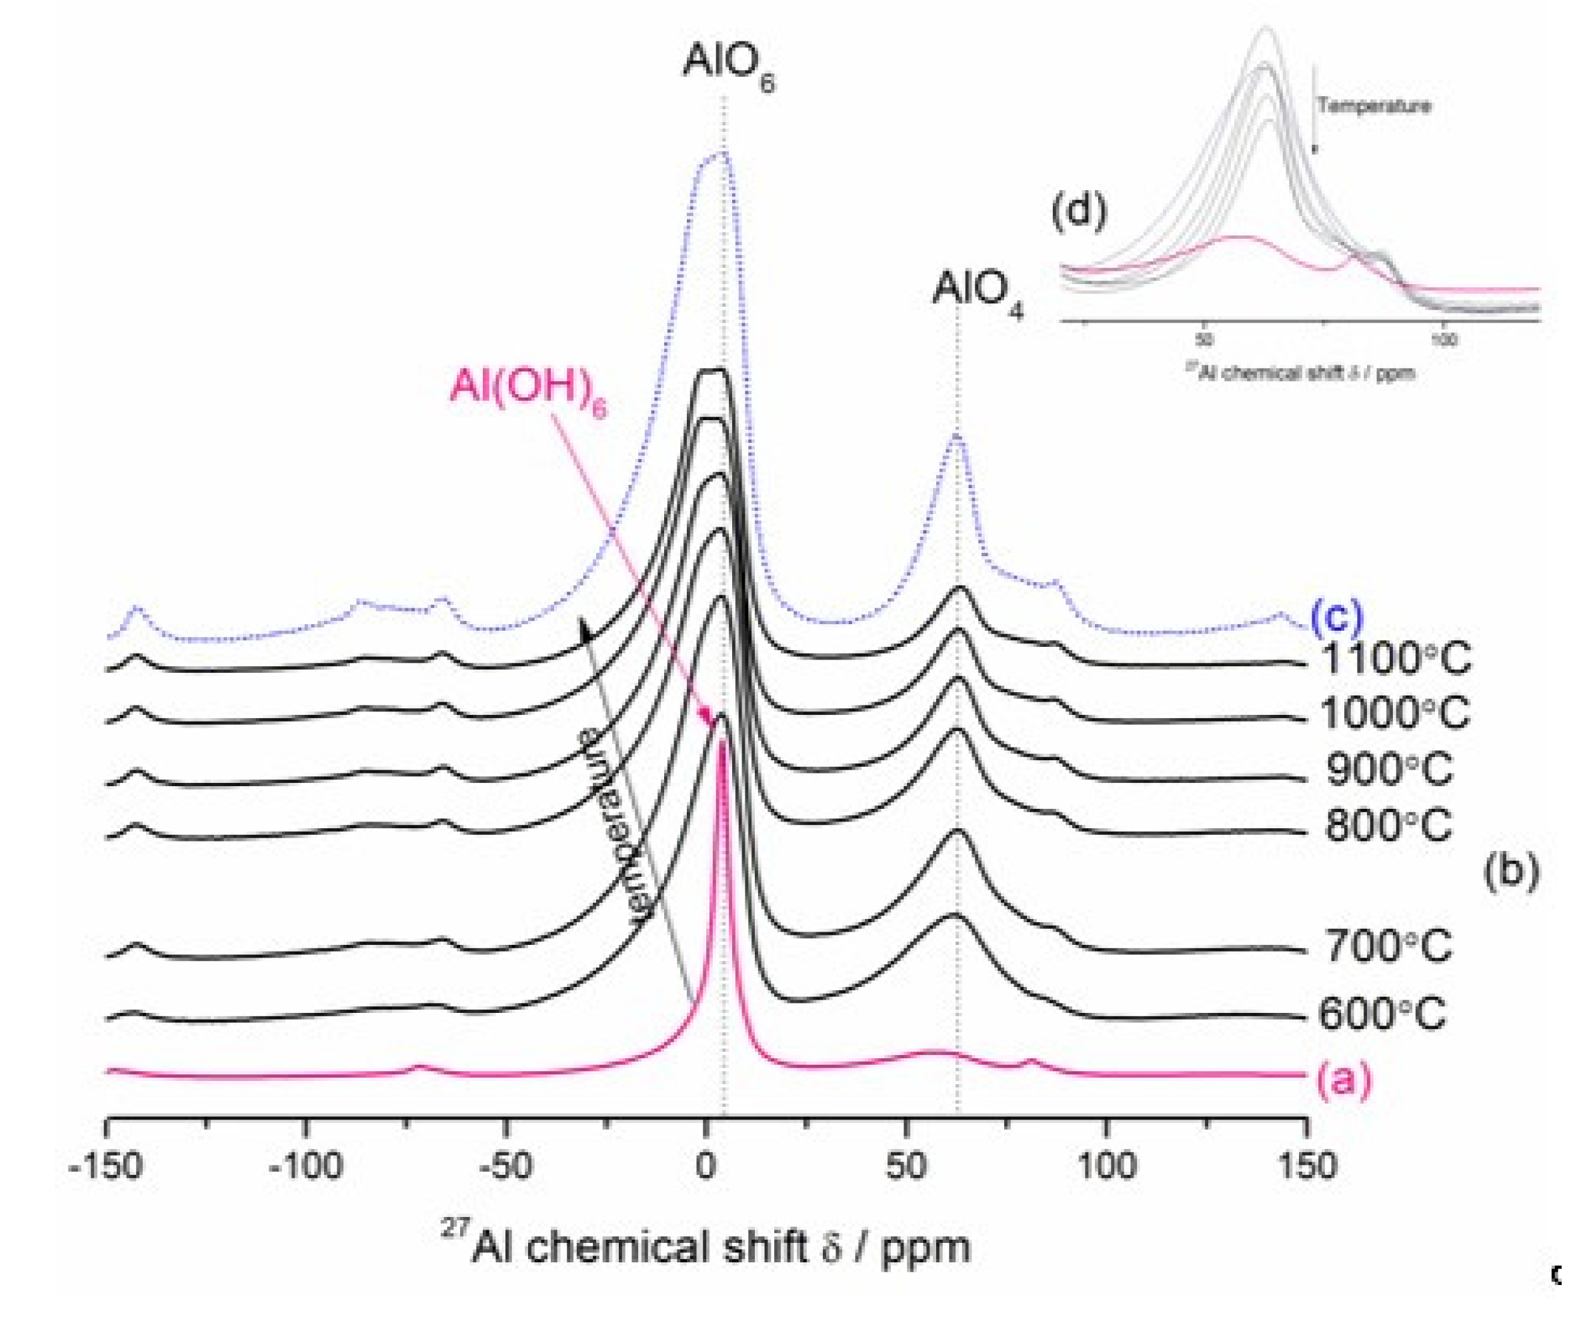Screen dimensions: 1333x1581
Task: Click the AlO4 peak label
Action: click(977, 290)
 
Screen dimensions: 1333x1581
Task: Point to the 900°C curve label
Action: click(1389, 770)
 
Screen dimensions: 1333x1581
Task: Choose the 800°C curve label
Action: click(1388, 825)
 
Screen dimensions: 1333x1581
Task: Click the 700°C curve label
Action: click(1388, 946)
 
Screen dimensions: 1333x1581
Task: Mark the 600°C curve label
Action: click(1382, 1014)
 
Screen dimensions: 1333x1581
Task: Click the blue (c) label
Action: click(1336, 616)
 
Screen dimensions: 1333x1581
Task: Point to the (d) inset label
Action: click(1078, 211)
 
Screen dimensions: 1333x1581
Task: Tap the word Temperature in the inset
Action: click(1373, 105)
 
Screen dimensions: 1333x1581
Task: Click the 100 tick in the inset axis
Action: click(1444, 341)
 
